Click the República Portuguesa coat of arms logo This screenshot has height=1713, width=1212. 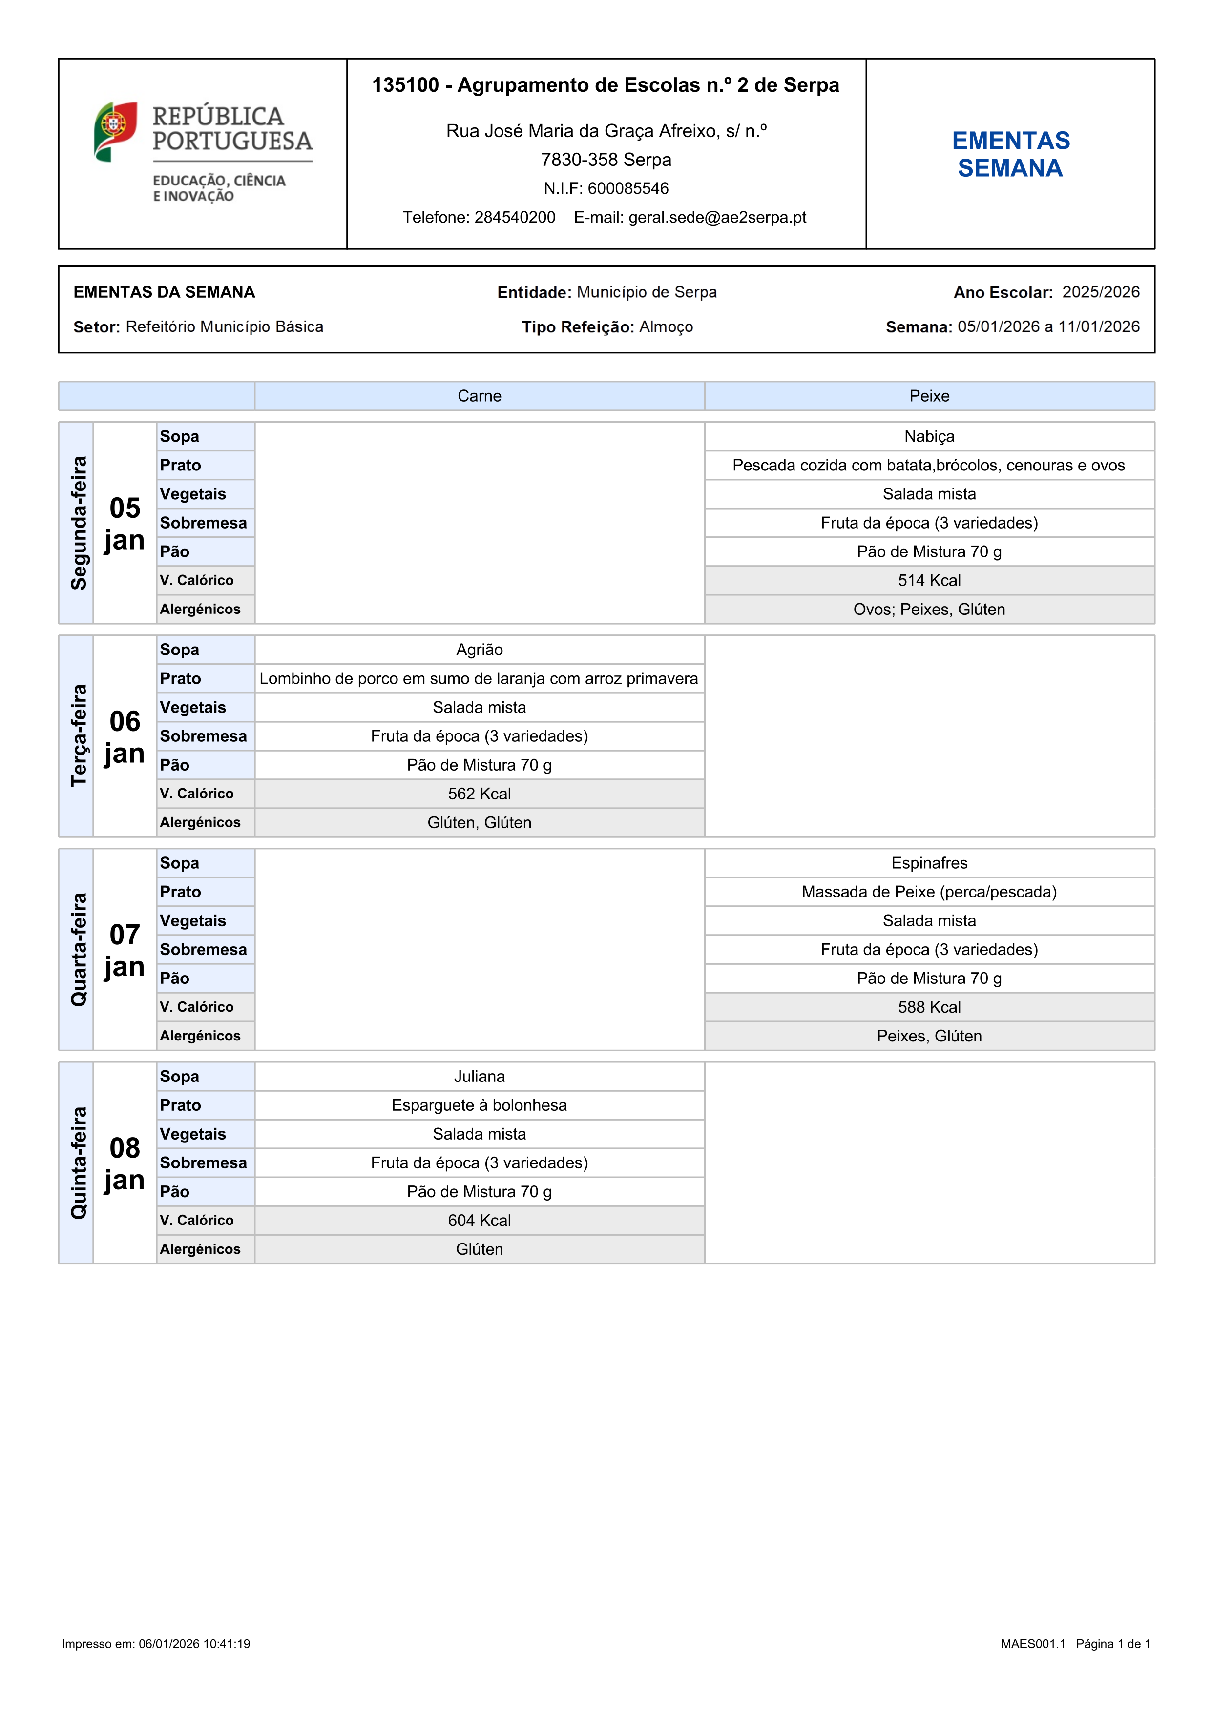point(116,131)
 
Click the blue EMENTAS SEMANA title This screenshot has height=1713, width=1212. point(1010,154)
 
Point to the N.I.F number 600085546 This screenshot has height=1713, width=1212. point(627,189)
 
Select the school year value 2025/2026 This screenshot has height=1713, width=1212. point(1101,292)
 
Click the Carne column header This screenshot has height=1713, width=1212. point(479,396)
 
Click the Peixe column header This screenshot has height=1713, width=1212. point(929,396)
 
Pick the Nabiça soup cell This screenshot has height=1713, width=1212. point(929,436)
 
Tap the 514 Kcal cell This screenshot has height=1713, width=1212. point(929,580)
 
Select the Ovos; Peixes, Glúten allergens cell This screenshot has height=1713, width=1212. point(929,610)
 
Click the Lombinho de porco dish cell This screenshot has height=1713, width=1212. point(479,679)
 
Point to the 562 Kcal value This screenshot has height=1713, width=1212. point(479,794)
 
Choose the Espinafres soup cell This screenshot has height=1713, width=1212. point(929,863)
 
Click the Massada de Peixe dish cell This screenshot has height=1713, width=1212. point(929,892)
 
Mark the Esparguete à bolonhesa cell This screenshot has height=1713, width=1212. point(479,1106)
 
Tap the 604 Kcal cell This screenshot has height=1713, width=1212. point(479,1221)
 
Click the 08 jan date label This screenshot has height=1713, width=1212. point(125,1164)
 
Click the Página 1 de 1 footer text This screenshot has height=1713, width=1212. point(1113,1644)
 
